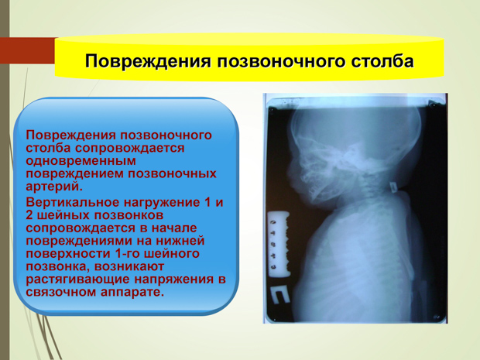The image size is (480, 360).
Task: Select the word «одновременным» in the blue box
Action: pos(81,161)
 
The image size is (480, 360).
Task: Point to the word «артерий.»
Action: pos(54,187)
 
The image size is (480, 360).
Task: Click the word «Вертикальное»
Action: pos(73,202)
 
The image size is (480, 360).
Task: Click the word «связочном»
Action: pos(61,292)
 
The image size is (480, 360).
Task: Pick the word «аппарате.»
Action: pos(132,293)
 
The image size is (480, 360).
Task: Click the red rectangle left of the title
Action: pos(28,50)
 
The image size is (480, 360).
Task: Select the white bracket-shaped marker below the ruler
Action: pos(279,295)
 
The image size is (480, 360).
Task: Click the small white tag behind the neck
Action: pos(393,187)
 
